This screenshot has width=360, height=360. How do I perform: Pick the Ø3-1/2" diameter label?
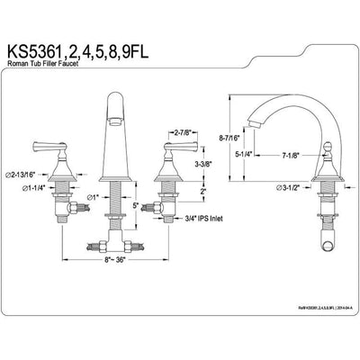pyautogui.click(x=291, y=189)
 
